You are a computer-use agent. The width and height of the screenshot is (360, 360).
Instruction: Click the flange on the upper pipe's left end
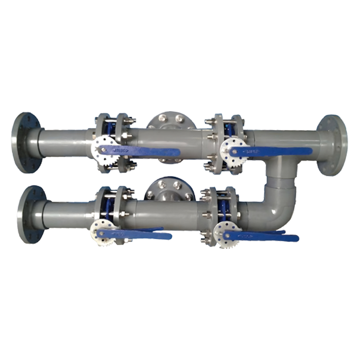click(26, 142)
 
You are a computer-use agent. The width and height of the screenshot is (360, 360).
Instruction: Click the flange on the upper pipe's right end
click(333, 145)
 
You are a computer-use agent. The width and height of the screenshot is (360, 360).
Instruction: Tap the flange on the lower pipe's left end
click(32, 214)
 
